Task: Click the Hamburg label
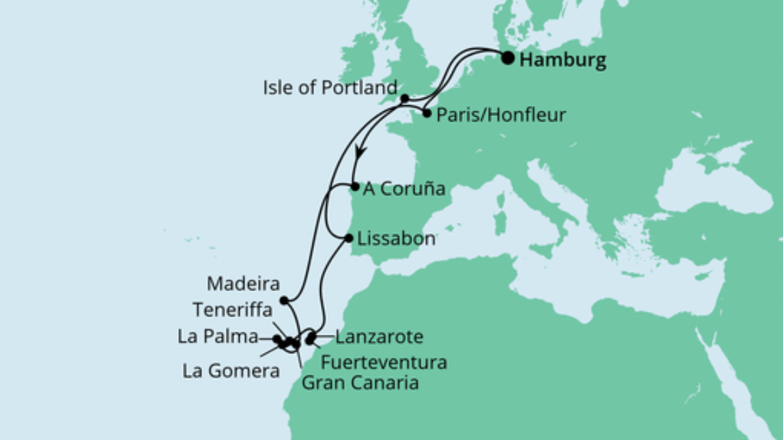(563, 60)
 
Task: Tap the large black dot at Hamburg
(508, 58)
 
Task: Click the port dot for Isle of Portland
(404, 98)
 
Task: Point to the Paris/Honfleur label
(502, 115)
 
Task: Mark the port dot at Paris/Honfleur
(427, 113)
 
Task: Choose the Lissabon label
(392, 239)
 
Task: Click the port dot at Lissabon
(350, 238)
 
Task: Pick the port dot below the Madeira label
(283, 300)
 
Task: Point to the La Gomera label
(231, 371)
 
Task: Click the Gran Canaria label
(359, 383)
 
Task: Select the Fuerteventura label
(384, 361)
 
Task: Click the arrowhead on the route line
(360, 152)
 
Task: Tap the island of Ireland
(360, 55)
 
